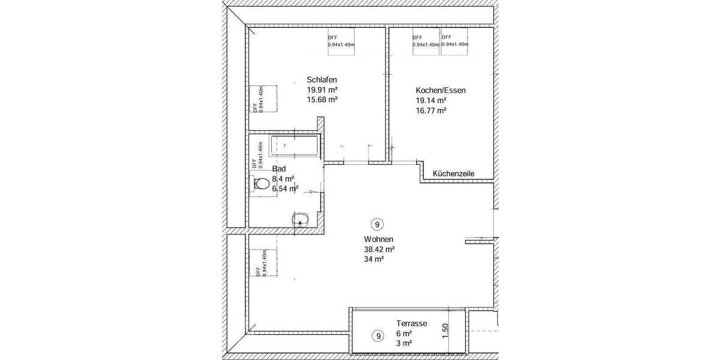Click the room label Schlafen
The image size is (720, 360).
point(322,80)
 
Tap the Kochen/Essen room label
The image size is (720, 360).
point(440,91)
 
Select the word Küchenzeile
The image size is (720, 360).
point(454,173)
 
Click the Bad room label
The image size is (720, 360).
point(279,169)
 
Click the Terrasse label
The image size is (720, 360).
point(411,323)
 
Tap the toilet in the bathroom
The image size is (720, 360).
point(261,185)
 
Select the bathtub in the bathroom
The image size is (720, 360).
point(294,146)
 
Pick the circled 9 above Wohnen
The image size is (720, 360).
point(377,225)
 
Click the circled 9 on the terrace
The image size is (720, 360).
point(377,335)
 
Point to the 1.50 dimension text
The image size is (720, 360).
point(445,331)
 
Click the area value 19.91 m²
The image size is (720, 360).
point(322,90)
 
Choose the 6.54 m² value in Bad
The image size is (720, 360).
point(285,188)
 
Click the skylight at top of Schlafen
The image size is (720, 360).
point(341,43)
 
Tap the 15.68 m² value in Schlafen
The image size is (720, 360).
point(322,100)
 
